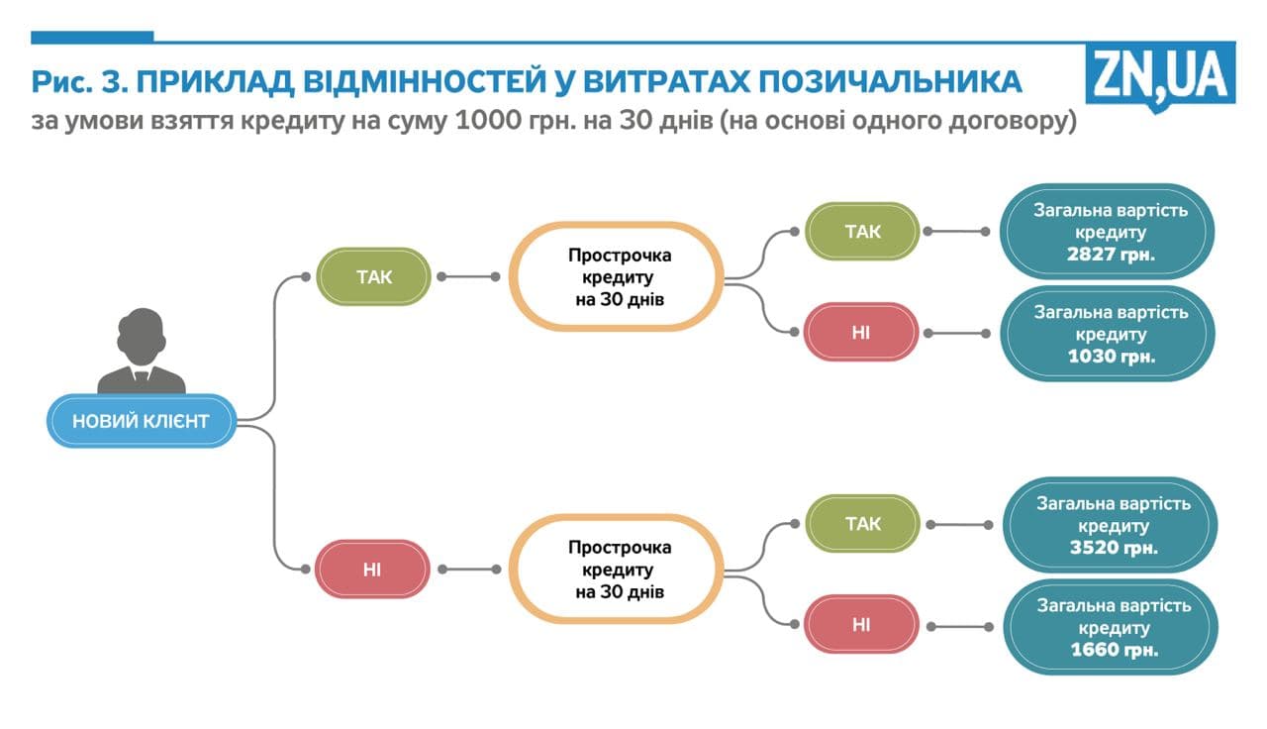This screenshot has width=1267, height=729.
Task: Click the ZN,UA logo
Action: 1160,75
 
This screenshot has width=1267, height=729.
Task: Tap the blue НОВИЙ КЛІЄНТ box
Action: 141,421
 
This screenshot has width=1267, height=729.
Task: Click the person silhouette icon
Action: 142,351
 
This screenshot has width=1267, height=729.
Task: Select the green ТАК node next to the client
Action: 373,276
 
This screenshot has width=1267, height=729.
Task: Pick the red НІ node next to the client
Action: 372,569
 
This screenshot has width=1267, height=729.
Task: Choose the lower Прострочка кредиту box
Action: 619,569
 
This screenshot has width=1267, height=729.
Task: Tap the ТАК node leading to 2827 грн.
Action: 861,232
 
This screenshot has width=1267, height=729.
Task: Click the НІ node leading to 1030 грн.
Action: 860,331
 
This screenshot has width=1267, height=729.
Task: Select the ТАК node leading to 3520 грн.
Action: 862,524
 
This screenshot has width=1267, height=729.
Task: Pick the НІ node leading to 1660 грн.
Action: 860,624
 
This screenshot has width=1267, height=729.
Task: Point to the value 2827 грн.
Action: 1112,255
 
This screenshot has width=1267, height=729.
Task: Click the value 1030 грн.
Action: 1112,356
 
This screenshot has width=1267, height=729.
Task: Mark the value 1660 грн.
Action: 1114,650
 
